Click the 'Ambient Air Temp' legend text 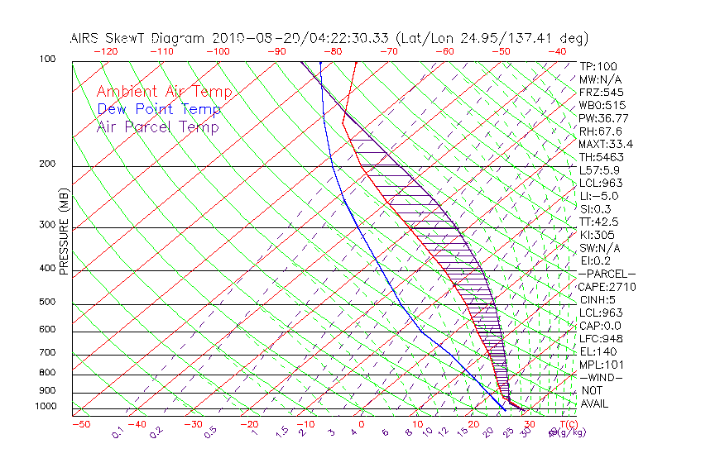[x=164, y=92]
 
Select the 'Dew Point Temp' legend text [x=159, y=109]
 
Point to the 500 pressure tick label [x=48, y=302]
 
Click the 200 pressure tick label [x=48, y=164]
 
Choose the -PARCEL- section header [x=607, y=274]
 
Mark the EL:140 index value [x=597, y=351]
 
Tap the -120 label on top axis [x=106, y=51]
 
